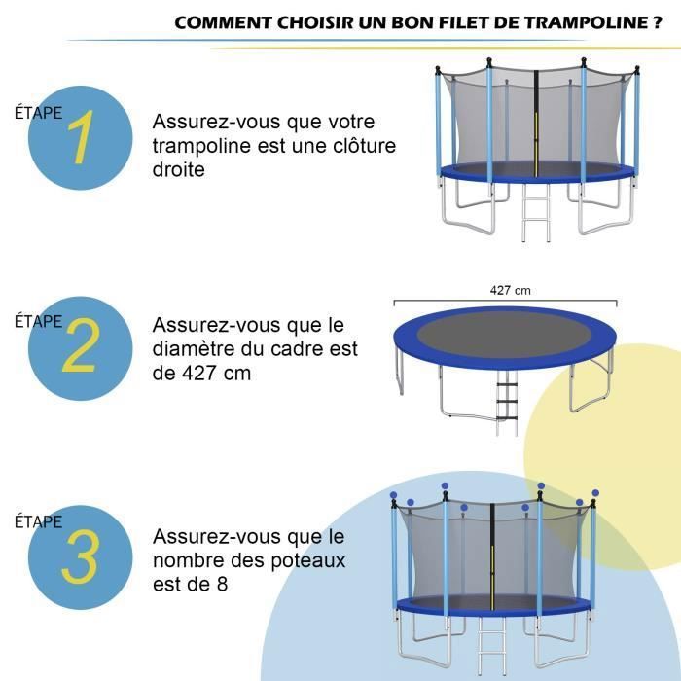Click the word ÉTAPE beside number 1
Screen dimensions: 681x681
point(38,112)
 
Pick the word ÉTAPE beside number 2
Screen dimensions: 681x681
point(38,322)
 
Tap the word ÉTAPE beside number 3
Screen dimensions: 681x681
point(38,522)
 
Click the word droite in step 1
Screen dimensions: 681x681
point(178,170)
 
